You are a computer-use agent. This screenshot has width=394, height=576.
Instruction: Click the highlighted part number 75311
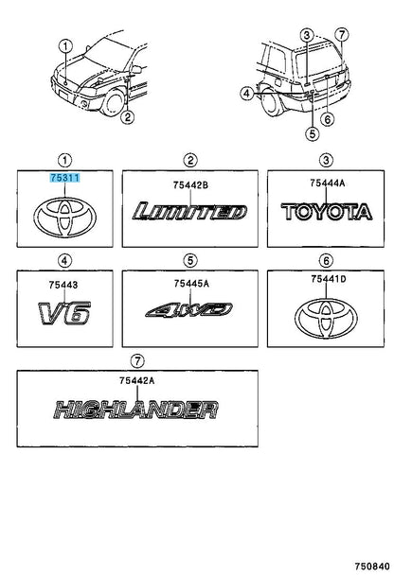pyautogui.click(x=64, y=179)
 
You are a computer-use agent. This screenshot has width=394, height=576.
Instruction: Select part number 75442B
pyautogui.click(x=190, y=185)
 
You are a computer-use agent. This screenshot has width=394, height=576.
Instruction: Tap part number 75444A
pyautogui.click(x=328, y=183)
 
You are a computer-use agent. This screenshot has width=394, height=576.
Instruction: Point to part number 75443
pyautogui.click(x=63, y=285)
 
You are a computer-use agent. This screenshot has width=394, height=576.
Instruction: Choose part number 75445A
pyautogui.click(x=191, y=284)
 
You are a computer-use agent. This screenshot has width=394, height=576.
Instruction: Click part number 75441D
pyautogui.click(x=328, y=279)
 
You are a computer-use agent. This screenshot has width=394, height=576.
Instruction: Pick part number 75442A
pyautogui.click(x=136, y=380)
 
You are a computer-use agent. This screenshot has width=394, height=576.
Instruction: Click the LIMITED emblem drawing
pyautogui.click(x=190, y=212)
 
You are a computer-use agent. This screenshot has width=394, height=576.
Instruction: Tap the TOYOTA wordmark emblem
pyautogui.click(x=327, y=212)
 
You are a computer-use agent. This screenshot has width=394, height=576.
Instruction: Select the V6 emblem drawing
pyautogui.click(x=64, y=313)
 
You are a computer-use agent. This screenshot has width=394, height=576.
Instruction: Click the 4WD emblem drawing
pyautogui.click(x=189, y=310)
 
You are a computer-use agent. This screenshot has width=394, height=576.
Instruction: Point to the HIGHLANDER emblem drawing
pyautogui.click(x=136, y=410)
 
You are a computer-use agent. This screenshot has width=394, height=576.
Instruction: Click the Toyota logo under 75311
pyautogui.click(x=64, y=217)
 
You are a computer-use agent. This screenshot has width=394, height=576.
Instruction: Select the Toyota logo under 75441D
pyautogui.click(x=326, y=319)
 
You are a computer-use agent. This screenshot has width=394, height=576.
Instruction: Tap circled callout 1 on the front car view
pyautogui.click(x=65, y=46)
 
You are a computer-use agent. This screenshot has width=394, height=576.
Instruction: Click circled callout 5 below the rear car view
pyautogui.click(x=313, y=133)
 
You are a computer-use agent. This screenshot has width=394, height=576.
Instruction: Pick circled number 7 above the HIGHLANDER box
pyautogui.click(x=137, y=361)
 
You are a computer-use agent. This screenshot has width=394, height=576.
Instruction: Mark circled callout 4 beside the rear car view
pyautogui.click(x=247, y=94)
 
